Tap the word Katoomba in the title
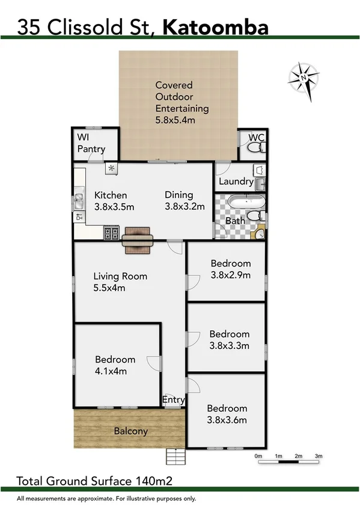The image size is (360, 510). [x=216, y=26]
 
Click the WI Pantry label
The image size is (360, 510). [x=91, y=143]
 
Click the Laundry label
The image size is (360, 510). [x=236, y=182]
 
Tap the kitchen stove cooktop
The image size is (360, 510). [x=112, y=233]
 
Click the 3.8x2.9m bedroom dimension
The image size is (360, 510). [x=230, y=275]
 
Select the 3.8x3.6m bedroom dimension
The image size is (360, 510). [x=227, y=420]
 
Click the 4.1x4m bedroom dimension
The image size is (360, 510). [x=115, y=371]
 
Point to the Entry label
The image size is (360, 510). [x=174, y=399]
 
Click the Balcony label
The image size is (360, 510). [x=130, y=431]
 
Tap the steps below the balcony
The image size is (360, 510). [x=174, y=456]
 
